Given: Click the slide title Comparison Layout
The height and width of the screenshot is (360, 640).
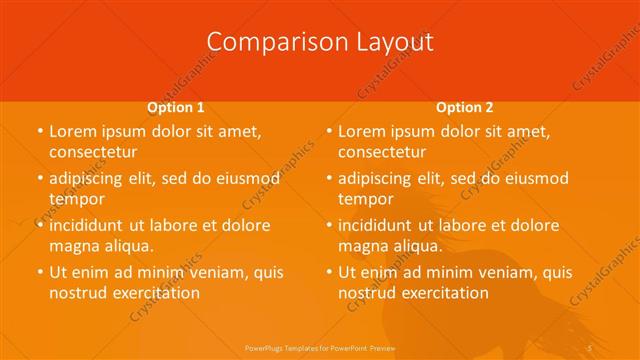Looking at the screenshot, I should click(320, 42).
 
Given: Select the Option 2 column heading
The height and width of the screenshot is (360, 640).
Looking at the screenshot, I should click(464, 107).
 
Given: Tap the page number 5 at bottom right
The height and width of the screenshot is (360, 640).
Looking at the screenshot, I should click(591, 346).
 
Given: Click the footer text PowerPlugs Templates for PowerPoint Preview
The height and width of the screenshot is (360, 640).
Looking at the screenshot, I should click(320, 346).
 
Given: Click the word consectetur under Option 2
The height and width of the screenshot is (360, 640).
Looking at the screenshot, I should click(381, 152).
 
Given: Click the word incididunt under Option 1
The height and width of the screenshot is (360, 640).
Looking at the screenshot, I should click(86, 225).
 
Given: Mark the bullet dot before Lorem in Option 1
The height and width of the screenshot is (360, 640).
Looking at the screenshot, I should click(40, 131).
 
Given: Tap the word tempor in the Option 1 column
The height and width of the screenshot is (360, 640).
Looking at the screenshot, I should click(77, 199).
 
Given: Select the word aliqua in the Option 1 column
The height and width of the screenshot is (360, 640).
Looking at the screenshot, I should click(126, 246).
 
